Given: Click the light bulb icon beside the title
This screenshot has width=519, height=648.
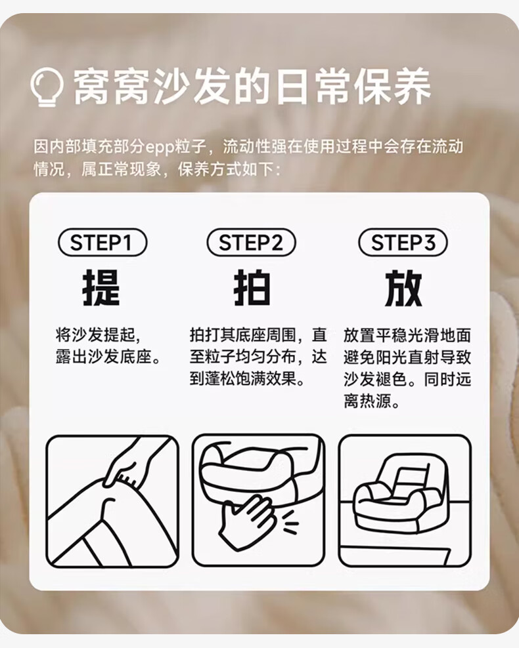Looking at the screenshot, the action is pos(47,87).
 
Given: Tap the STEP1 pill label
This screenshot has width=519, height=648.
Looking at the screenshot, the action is pos(102,242).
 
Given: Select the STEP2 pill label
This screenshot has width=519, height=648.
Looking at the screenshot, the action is pos(251,242).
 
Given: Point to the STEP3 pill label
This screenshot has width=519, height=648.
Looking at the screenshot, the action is pos(403,242).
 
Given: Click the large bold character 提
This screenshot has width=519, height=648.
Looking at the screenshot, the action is pos(101,288).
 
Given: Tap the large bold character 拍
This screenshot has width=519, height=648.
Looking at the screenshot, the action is pos(252,288).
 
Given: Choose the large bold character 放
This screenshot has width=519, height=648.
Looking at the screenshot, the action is pos(403,288).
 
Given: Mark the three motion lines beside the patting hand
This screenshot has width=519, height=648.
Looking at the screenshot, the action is pos(290,522).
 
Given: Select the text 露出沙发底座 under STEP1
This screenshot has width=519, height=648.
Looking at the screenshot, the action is pos(104,357).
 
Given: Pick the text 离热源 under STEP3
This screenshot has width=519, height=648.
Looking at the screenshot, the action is pos(367,401).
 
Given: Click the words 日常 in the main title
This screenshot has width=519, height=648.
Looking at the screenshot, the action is pos(313,87).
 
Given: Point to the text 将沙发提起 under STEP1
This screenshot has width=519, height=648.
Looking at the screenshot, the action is pos(96,335).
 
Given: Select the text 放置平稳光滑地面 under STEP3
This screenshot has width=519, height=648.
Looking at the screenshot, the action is pos(407,335).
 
